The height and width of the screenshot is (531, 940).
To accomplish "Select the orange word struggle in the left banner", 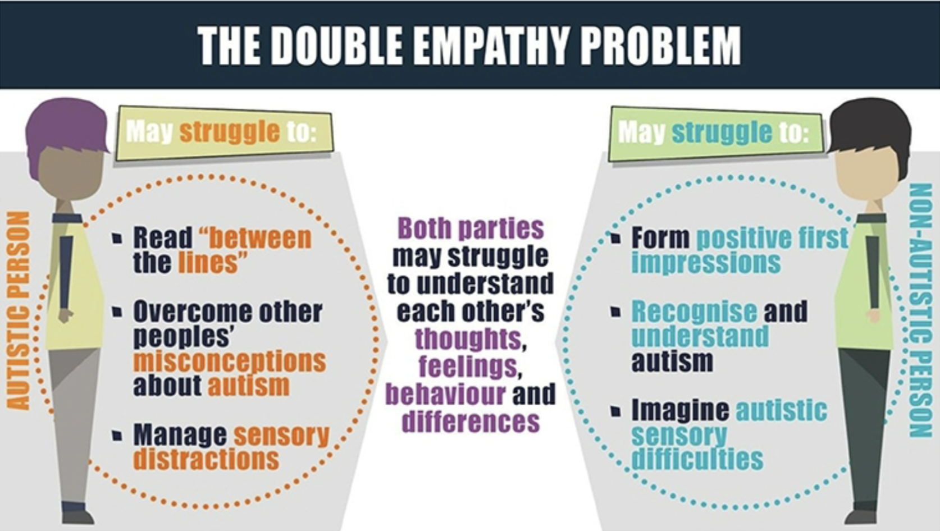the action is pyautogui.click(x=230, y=132).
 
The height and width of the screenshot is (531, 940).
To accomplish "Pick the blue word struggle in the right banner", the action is pyautogui.click(x=722, y=132).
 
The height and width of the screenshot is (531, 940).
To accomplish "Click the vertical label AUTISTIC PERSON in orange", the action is pyautogui.click(x=19, y=311).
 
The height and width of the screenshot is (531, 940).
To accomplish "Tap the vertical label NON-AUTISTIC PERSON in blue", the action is pyautogui.click(x=921, y=311).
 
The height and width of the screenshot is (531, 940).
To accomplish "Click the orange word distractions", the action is pyautogui.click(x=206, y=459).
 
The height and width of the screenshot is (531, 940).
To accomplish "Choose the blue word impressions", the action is pyautogui.click(x=706, y=263).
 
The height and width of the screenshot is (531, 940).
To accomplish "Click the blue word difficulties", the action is pyautogui.click(x=697, y=459).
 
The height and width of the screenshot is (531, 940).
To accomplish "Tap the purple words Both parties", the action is pyautogui.click(x=471, y=228).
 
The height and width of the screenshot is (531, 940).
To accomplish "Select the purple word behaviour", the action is pyautogui.click(x=445, y=394).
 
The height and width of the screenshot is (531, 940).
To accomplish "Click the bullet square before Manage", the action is pyautogui.click(x=117, y=436).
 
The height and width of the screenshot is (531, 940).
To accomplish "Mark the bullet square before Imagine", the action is pyautogui.click(x=615, y=411).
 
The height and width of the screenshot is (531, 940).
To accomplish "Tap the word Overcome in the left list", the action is pyautogui.click(x=191, y=312).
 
